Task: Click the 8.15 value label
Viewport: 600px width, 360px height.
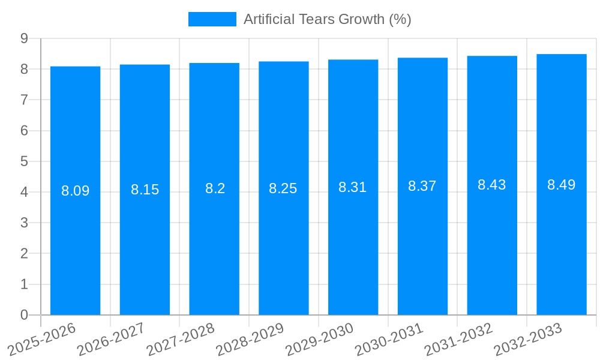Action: click(x=145, y=190)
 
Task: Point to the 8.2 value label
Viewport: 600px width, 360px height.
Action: click(x=215, y=188)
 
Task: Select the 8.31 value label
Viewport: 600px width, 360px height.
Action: click(x=353, y=187)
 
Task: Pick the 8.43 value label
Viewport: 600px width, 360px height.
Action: click(x=492, y=185)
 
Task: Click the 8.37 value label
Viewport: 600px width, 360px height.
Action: click(x=422, y=186)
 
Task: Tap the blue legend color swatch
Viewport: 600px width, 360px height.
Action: click(x=212, y=19)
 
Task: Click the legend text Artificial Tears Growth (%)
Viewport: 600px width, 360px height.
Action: click(x=327, y=19)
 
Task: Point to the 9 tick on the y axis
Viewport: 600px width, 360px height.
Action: click(x=25, y=38)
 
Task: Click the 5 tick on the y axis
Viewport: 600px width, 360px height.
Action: click(x=25, y=161)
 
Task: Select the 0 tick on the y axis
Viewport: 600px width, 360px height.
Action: click(x=25, y=315)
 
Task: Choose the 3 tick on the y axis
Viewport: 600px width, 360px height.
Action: click(x=25, y=223)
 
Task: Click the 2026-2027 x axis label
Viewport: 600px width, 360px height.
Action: click(x=112, y=339)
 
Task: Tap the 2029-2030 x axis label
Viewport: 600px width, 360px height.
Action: click(x=320, y=339)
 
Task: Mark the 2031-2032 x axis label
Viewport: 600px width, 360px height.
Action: click(x=459, y=339)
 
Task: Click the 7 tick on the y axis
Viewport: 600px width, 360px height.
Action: click(x=25, y=100)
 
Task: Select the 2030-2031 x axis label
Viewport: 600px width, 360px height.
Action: click(x=389, y=339)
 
